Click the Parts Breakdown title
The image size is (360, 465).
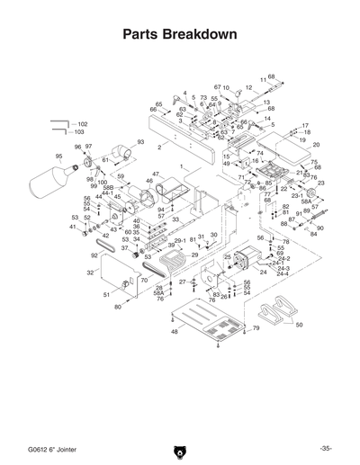[179, 36]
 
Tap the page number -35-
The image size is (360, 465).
[326, 448]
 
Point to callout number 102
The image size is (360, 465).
[83, 123]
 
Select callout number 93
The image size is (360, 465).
[140, 142]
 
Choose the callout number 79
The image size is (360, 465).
[256, 328]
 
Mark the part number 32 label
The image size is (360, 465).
[90, 272]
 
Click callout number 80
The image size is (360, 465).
[117, 307]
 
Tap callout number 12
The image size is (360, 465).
[248, 88]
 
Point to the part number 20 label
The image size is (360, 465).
[316, 145]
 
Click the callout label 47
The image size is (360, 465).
[155, 174]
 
